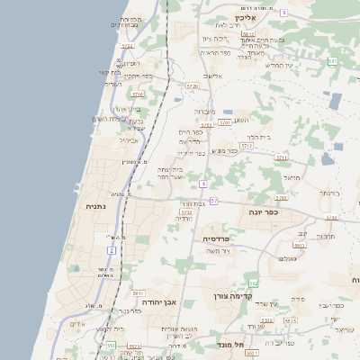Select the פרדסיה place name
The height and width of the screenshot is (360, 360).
[x=216, y=238]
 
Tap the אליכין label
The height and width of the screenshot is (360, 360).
[x=246, y=17]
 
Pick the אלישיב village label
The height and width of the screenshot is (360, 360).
[x=212, y=76]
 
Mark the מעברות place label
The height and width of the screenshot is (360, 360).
[x=204, y=112]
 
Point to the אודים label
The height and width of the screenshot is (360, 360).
[x=77, y=324]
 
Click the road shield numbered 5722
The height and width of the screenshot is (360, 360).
[x=127, y=45]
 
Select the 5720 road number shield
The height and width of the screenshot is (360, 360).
[x=192, y=85]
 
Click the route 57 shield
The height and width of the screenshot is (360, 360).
[x=214, y=201]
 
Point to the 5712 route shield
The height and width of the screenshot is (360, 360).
[x=246, y=144]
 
